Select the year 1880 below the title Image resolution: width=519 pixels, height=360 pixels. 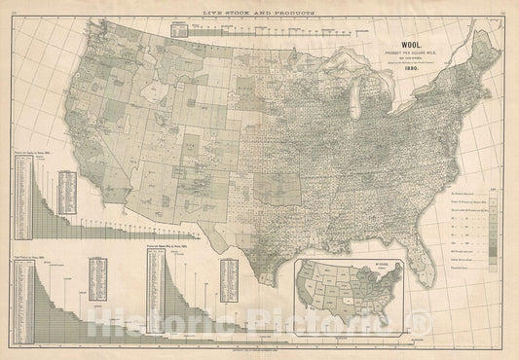(406, 70)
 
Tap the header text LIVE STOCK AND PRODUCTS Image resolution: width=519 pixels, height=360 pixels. (258, 8)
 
